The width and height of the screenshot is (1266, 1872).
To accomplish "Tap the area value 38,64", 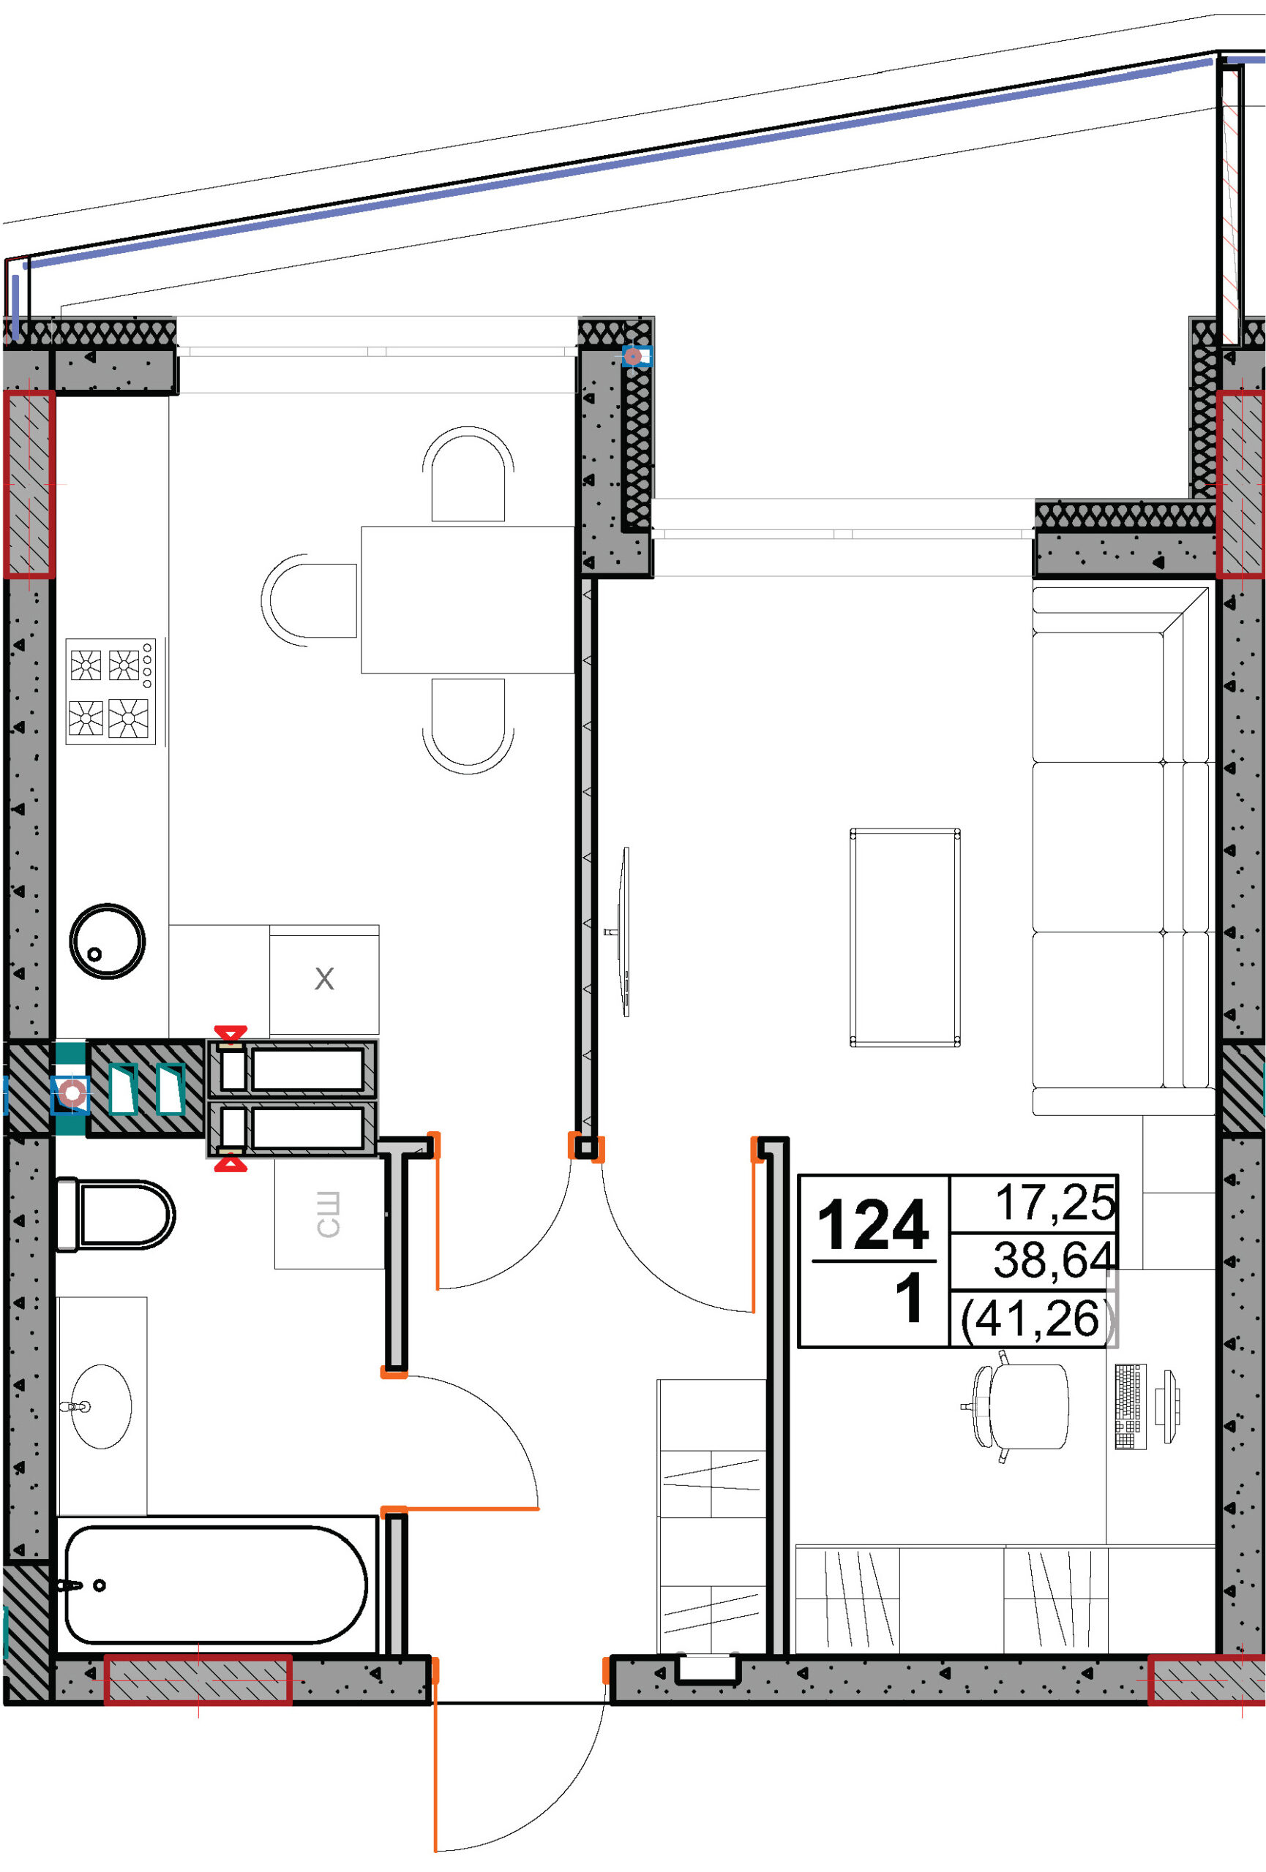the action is click(1053, 1259).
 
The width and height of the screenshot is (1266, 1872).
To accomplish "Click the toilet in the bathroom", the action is click(114, 1215).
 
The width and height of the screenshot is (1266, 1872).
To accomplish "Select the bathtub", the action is click(215, 1584).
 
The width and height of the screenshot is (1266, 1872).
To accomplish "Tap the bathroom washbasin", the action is click(100, 1406).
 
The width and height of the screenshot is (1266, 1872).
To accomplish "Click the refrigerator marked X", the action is click(324, 979).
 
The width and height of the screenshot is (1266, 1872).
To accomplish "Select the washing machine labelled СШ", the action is click(329, 1214).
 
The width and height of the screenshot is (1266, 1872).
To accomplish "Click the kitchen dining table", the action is click(468, 600).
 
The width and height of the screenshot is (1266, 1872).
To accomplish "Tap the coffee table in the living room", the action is click(905, 937).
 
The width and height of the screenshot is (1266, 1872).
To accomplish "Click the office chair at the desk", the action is click(1019, 1406).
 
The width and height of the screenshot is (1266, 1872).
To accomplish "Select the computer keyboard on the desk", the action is click(1131, 1406).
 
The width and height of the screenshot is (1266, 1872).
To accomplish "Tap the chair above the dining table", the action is click(468, 475).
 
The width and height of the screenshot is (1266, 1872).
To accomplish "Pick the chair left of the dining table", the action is click(310, 600).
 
